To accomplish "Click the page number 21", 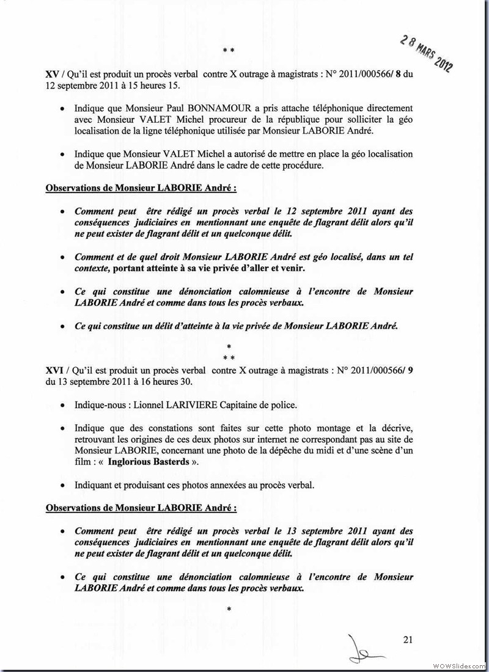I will point(408,640).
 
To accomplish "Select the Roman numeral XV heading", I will point(52,73).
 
